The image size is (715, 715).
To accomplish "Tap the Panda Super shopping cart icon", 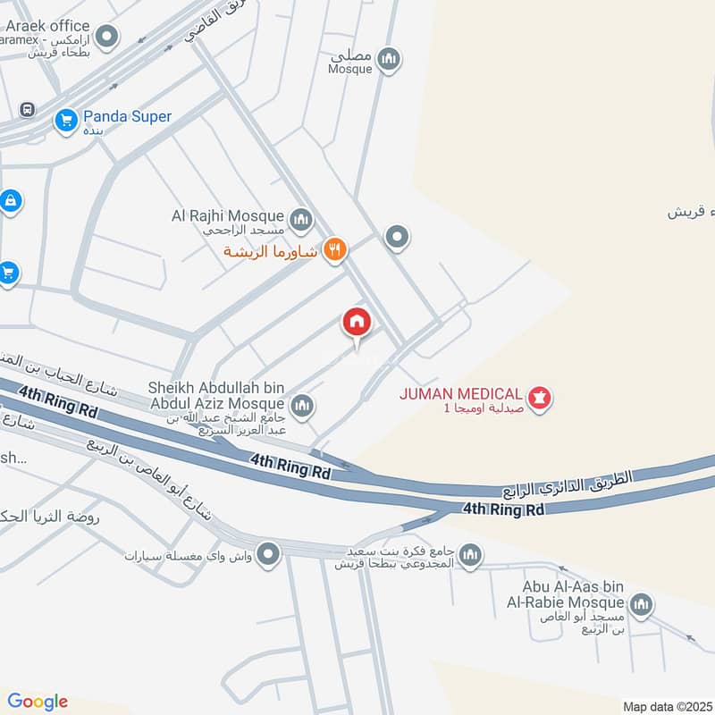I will click(65, 119).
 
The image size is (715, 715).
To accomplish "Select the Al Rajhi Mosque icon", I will click(301, 217).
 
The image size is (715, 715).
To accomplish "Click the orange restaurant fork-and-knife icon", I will click(334, 251).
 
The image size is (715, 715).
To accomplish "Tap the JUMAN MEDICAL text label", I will click(461, 393).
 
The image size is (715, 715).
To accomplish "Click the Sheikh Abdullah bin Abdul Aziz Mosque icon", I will click(302, 407).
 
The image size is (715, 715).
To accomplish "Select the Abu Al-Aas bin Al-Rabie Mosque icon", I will click(640, 606).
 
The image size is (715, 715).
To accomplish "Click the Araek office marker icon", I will click(107, 38).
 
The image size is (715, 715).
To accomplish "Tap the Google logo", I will click(37, 702).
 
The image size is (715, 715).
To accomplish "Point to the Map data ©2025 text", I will click(666, 706).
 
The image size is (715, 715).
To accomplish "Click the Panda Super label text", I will click(127, 116).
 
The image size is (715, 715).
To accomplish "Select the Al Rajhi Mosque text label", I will click(228, 215).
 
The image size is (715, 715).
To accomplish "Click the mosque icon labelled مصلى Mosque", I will click(388, 60).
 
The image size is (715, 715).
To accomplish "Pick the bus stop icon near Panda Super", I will click(27, 110).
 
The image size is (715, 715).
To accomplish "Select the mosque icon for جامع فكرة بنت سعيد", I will click(471, 556).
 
